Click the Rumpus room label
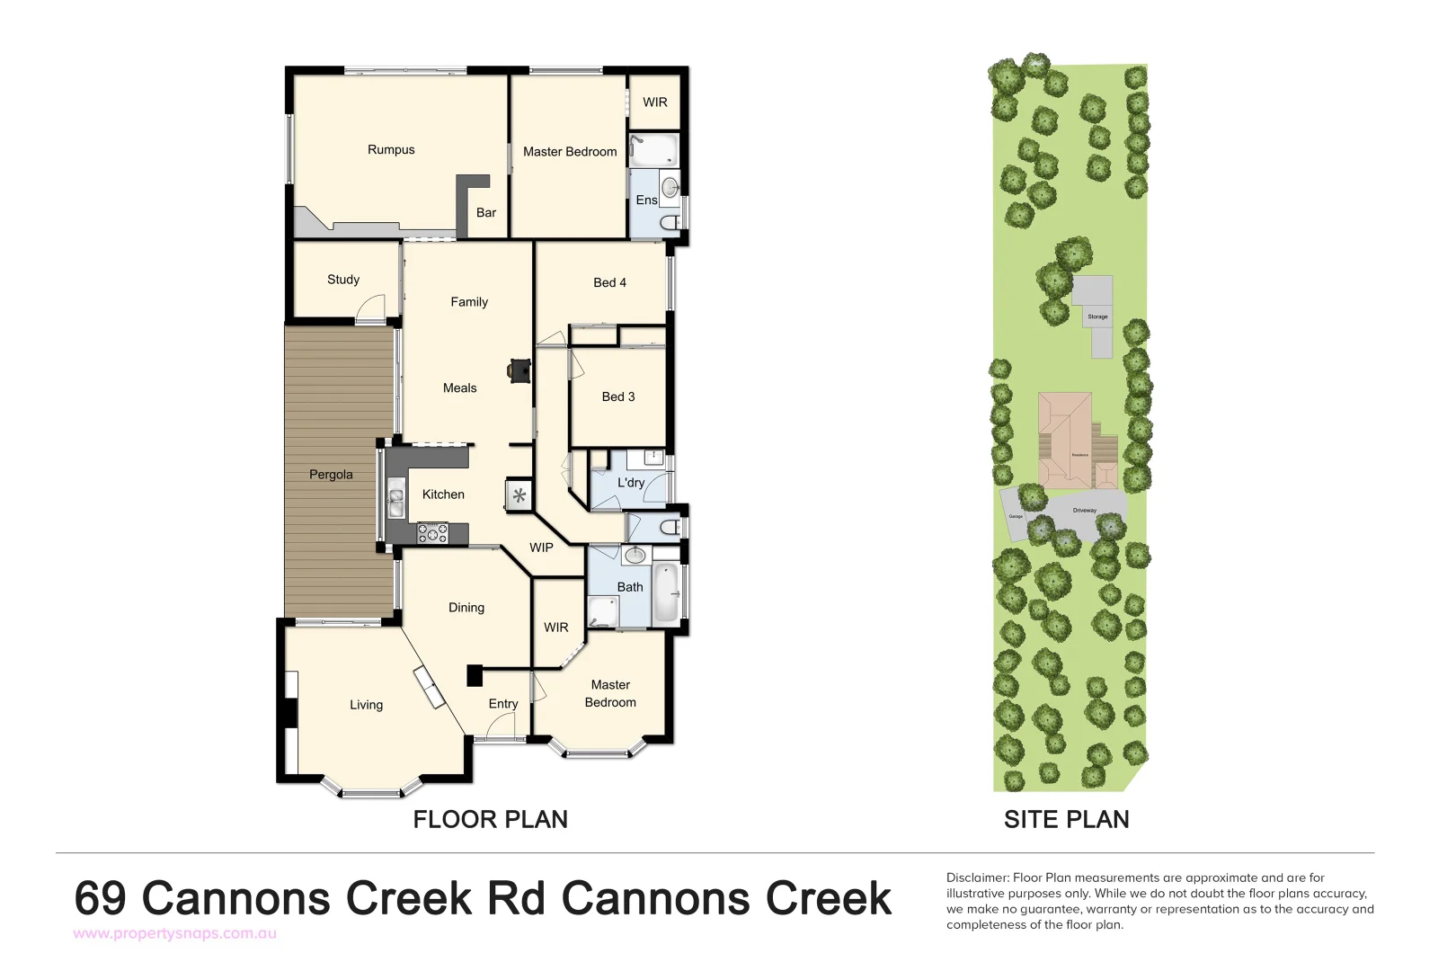tap(391, 150)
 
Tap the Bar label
tap(486, 213)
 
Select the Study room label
tap(343, 280)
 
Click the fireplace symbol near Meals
tap(519, 370)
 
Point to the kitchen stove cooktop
tap(432, 534)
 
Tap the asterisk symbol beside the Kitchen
tap(519, 495)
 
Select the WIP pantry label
tap(541, 548)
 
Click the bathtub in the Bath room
tap(665, 593)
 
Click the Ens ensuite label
tap(646, 200)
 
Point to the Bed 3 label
tap(618, 396)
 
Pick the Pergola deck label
tap(331, 475)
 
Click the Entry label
tap(503, 704)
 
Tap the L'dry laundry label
tap(631, 483)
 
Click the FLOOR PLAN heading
tap(490, 819)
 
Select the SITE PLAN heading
tap(1066, 819)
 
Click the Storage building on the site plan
tap(1095, 306)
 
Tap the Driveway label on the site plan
tap(1085, 511)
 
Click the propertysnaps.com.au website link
tap(174, 933)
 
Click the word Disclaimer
tap(977, 877)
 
